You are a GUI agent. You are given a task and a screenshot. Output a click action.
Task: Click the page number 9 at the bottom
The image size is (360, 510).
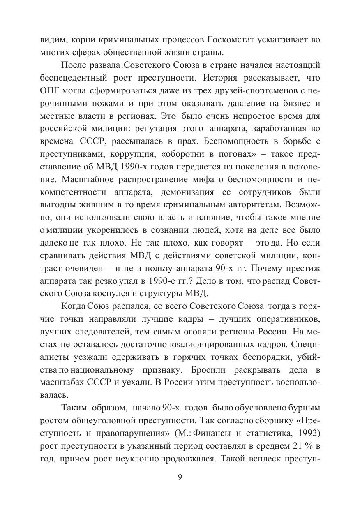(180, 477)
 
